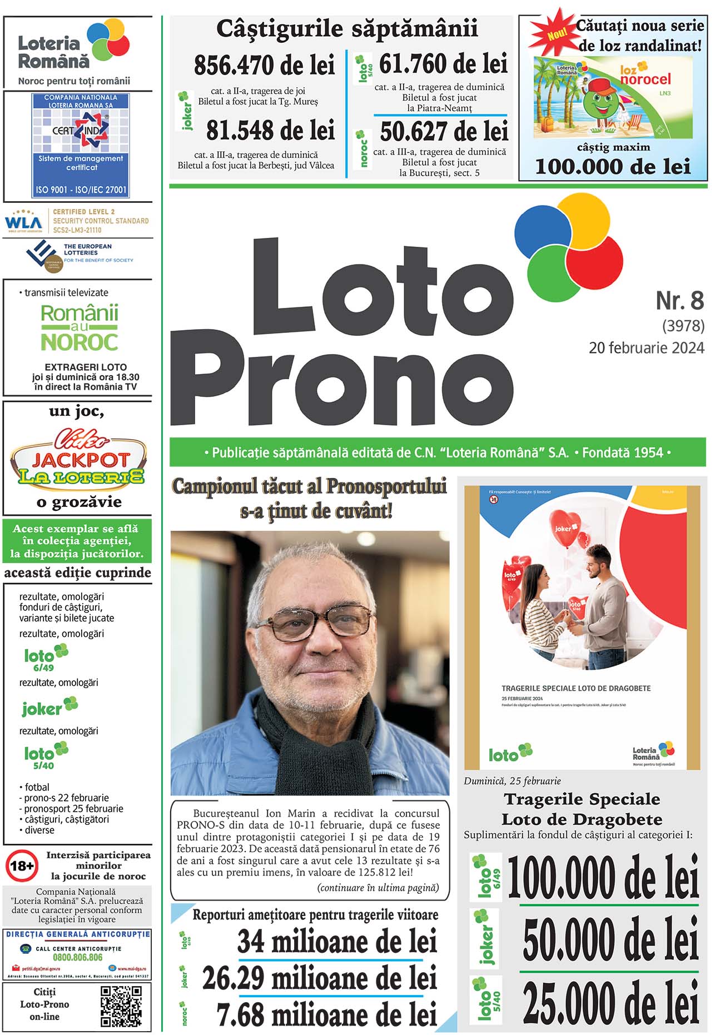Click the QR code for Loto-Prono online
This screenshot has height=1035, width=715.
tap(121, 1006)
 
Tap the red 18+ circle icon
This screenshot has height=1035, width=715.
tap(22, 866)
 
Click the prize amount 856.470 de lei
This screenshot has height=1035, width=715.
tap(264, 66)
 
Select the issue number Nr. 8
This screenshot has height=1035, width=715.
tap(679, 301)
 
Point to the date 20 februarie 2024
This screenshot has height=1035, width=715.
tap(646, 348)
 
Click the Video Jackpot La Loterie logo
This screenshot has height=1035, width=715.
tap(78, 458)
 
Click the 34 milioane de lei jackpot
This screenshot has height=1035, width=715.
tap(337, 942)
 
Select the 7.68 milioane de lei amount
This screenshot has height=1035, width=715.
tap(327, 1015)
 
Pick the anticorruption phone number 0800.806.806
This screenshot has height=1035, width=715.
tap(77, 957)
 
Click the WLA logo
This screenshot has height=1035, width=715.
tap(23, 222)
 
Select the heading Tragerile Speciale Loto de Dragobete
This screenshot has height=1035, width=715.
tap(582, 809)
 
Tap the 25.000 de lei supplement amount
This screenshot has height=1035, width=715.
tap(610, 1002)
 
